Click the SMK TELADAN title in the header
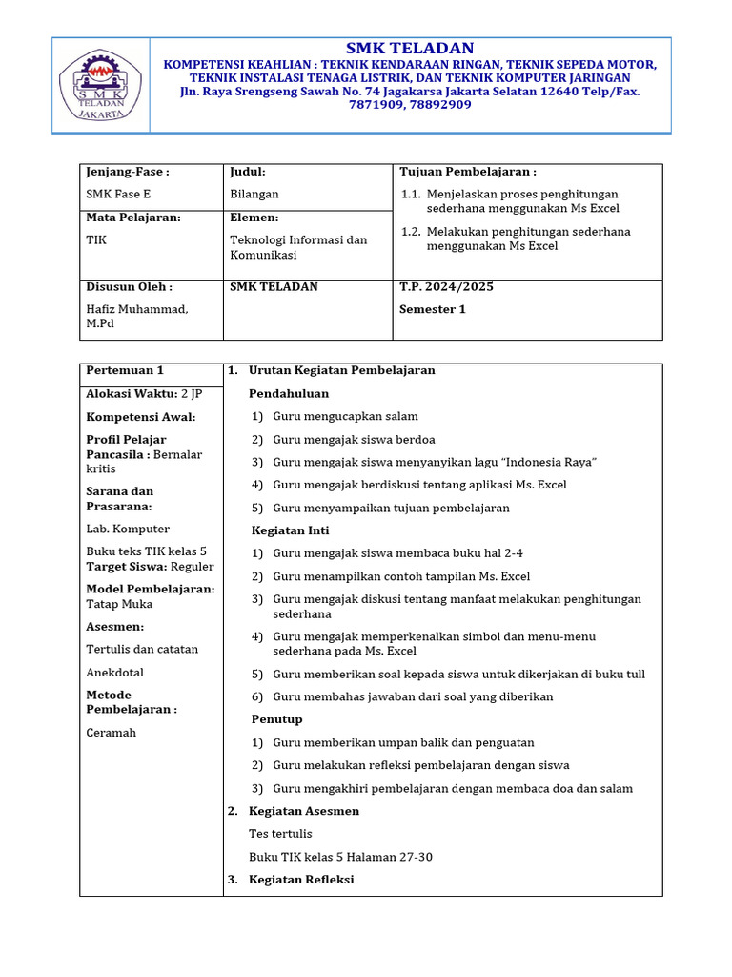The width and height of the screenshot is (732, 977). pos(410,49)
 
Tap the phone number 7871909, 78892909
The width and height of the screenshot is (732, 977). pos(410,105)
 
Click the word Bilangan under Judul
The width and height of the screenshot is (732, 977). pos(254,194)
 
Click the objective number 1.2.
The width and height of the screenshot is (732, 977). pos(411,232)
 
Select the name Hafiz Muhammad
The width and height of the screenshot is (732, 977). pos(137,309)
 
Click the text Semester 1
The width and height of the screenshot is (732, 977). pos(433,309)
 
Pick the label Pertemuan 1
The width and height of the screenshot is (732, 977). pos(125,370)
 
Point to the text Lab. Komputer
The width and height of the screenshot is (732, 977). pos(128,529)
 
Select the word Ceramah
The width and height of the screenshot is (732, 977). pos(112,733)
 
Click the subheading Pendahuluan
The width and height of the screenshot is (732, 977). pos(289,393)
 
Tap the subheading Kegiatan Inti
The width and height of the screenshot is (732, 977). pos(290,530)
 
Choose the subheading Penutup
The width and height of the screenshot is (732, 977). pos(276,718)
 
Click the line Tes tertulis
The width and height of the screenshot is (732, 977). pos(280,834)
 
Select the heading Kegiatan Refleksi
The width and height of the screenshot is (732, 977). pos(301,880)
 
